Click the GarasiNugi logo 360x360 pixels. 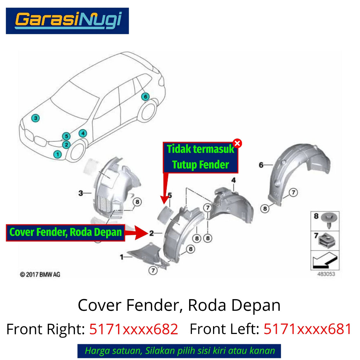tap(67, 21)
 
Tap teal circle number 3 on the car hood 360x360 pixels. tap(36, 118)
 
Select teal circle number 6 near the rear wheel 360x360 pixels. tap(145, 97)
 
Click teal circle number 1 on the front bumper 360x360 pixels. tap(58, 154)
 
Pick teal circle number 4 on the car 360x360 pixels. tap(83, 133)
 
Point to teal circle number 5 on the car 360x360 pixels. tap(66, 136)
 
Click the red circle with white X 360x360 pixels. tap(237, 143)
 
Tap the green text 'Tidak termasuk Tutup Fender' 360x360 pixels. tap(200, 157)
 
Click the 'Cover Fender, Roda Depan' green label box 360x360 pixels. tap(65, 233)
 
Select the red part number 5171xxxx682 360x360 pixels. tap(134, 329)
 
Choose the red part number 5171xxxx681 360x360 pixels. tap(308, 329)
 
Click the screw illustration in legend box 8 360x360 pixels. tap(329, 220)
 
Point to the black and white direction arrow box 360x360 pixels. tap(325, 260)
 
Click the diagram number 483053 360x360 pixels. tap(326, 274)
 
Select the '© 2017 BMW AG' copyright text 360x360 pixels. tap(40, 274)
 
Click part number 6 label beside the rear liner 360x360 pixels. tap(261, 165)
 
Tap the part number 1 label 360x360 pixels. tap(122, 257)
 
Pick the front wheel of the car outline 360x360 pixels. tap(77, 152)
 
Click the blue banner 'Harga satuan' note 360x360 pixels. tap(179, 351)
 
